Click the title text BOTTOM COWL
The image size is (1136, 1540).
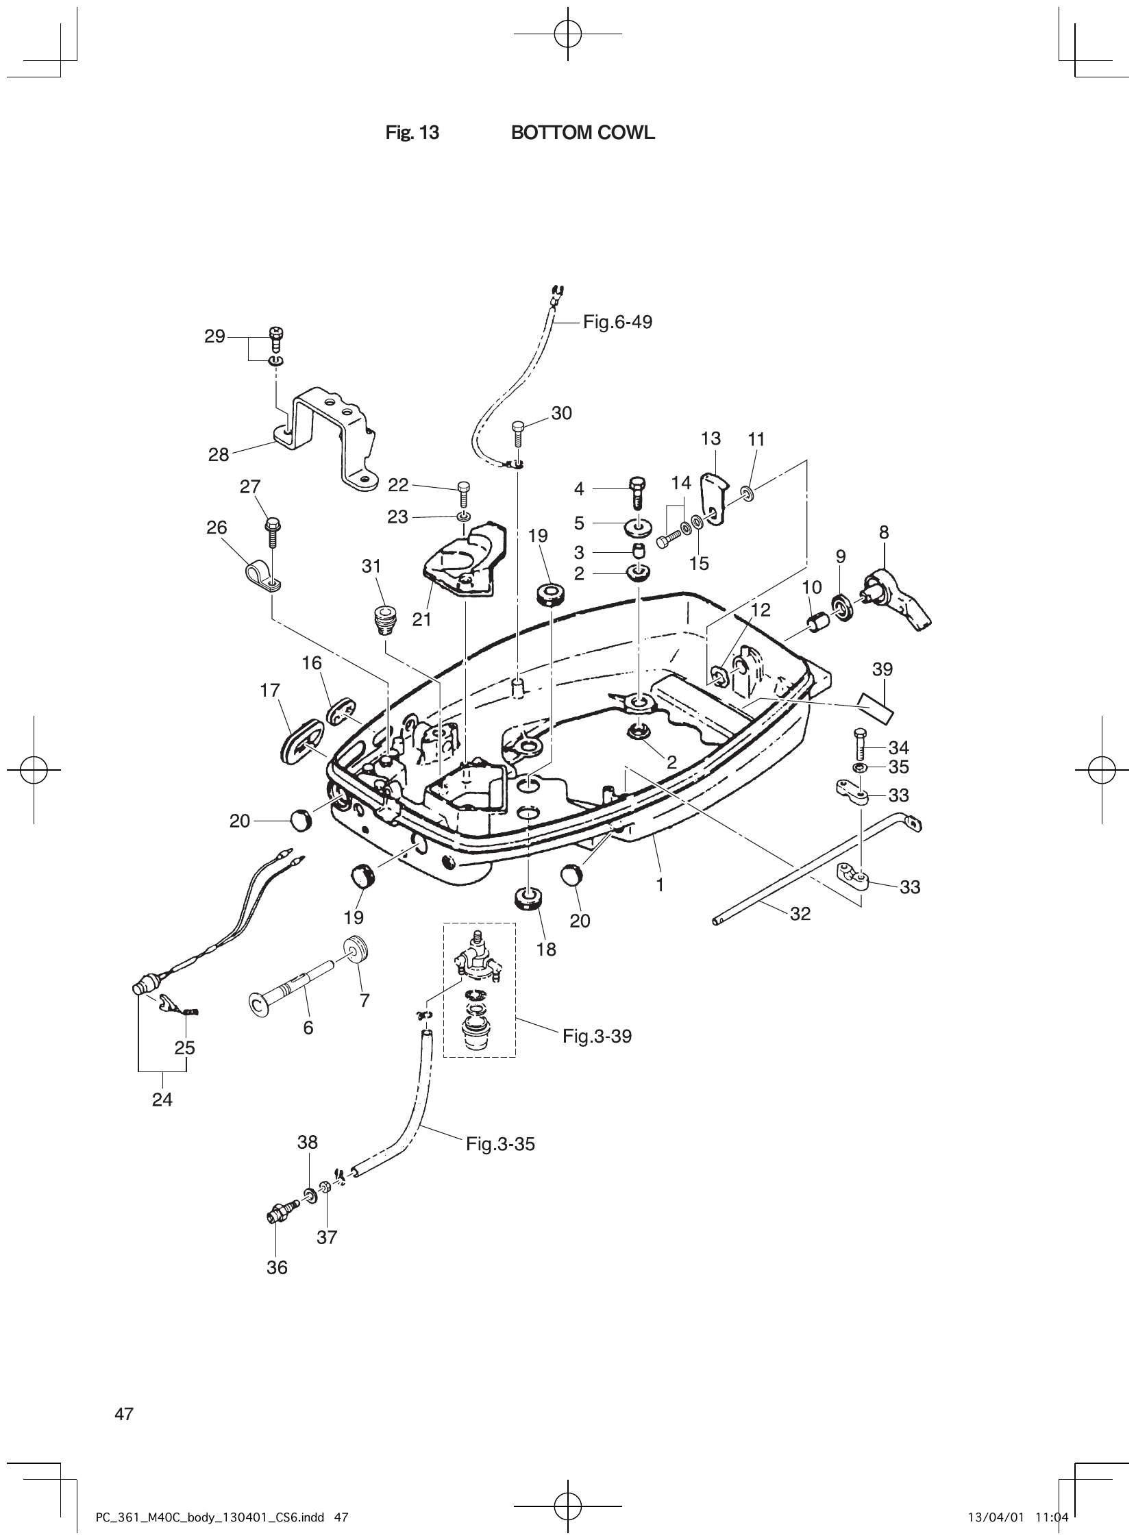582,134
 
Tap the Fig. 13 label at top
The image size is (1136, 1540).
412,134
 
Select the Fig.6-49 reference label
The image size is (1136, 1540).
617,322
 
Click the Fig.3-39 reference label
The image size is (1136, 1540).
596,1036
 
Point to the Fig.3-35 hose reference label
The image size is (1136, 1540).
500,1144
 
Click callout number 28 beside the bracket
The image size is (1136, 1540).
218,454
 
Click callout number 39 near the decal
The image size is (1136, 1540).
882,669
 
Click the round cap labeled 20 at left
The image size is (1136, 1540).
299,820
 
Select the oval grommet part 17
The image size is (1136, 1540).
301,740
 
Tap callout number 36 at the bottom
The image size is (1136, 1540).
276,1267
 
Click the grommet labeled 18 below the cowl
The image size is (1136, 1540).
528,899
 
